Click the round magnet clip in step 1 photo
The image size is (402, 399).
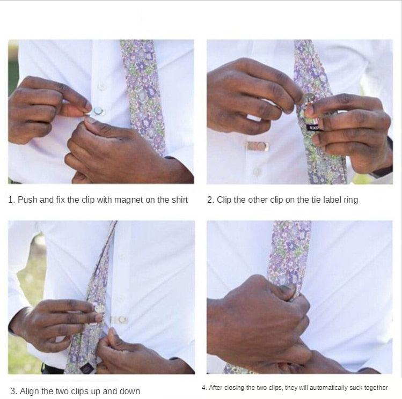coord(98,112)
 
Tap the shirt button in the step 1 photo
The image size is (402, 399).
coord(101,86)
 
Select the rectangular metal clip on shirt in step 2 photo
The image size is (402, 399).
coord(258,146)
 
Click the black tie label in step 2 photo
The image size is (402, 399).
coord(313,127)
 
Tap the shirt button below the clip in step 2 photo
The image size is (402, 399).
coord(257,172)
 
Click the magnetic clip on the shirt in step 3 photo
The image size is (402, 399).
coord(120,320)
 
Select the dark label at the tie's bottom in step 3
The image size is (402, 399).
coord(85,369)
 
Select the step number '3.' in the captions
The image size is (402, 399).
coord(14,391)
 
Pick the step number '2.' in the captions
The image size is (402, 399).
coord(211,199)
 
